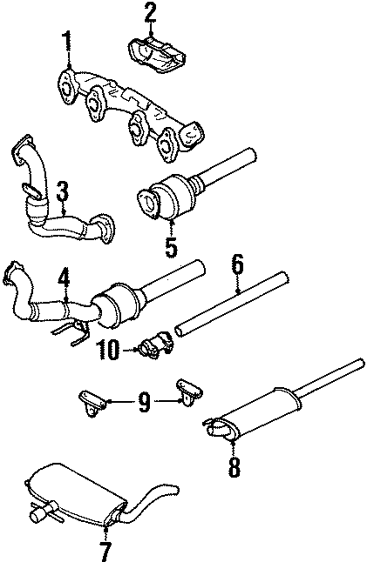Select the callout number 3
pos(63,191)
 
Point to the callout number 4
pos(63,279)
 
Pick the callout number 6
pos(237,265)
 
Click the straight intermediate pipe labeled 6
pos(231,305)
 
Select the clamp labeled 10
pos(154,347)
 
